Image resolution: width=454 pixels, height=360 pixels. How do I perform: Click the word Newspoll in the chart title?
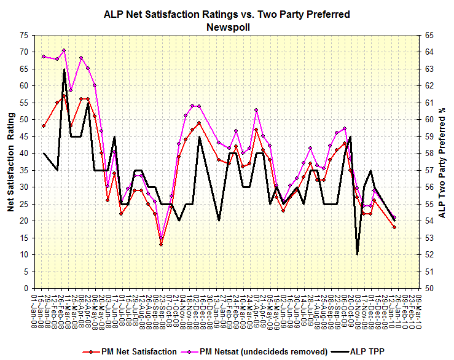[x=227, y=26]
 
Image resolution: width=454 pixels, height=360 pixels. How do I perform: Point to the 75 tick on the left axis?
[x=23, y=35]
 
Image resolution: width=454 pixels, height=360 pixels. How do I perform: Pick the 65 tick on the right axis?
[x=428, y=35]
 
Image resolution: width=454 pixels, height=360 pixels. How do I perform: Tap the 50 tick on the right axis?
[x=428, y=288]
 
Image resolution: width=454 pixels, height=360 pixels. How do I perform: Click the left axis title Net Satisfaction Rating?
[x=10, y=162]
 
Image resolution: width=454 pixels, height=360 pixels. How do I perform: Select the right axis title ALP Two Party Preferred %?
[x=442, y=162]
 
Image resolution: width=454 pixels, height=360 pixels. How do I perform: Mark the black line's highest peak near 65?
[x=64, y=69]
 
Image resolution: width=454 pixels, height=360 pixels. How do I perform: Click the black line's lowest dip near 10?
[x=358, y=254]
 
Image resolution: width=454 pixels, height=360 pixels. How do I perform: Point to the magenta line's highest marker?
[x=64, y=50]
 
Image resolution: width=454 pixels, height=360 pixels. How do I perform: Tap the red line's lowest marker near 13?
[x=161, y=245]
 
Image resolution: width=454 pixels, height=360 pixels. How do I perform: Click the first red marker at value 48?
[x=44, y=126]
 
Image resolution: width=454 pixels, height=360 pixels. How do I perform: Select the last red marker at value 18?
[x=394, y=227]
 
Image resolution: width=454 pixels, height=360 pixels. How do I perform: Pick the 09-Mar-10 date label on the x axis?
[x=418, y=312]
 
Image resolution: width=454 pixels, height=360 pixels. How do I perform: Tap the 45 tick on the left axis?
[x=23, y=136]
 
